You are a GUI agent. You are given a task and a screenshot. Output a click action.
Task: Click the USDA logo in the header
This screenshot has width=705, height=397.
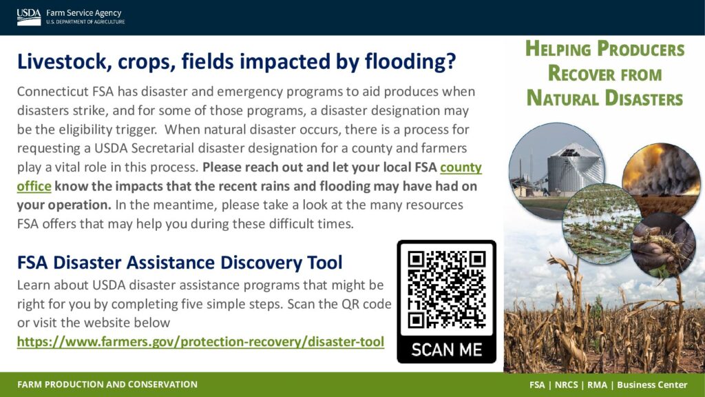coord(29,17)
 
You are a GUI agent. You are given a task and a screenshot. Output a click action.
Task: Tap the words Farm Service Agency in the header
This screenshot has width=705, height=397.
coord(83,13)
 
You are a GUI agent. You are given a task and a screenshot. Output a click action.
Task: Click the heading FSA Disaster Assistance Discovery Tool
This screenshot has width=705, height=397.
coord(180,263)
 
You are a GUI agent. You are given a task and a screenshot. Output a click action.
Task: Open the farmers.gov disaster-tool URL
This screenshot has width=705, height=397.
coord(200,342)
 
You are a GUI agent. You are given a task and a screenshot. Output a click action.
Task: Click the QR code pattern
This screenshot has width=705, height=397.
coord(446,289)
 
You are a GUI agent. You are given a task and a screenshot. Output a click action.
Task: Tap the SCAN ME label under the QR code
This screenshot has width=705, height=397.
coord(446,349)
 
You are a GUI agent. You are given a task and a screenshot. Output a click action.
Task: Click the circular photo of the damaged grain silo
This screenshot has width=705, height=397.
coord(556,171)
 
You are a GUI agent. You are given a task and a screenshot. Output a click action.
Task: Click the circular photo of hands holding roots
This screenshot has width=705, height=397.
coord(664,245)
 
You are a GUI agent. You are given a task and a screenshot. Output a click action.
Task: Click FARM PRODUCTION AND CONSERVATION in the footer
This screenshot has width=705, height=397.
coord(107,385)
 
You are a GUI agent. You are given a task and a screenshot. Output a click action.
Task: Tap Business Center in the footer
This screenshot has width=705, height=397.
coord(652,385)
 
